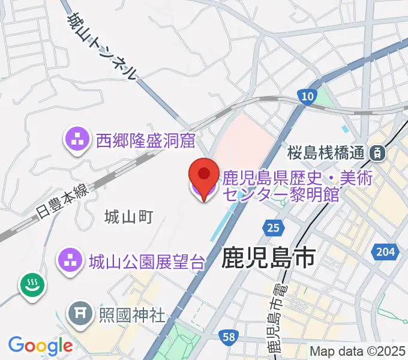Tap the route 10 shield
(307, 97)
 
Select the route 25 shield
(273, 228)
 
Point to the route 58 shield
(228, 338)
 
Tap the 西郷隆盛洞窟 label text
(146, 141)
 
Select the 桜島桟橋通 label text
(326, 153)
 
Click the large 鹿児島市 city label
(268, 259)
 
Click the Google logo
(40, 345)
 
